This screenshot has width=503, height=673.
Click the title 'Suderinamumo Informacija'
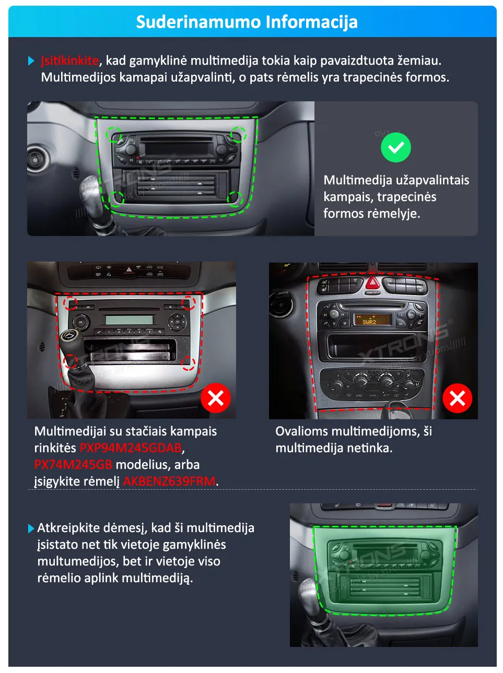(x=247, y=22)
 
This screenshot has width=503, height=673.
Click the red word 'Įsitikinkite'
(x=70, y=61)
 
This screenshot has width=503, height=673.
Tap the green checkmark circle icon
(x=396, y=148)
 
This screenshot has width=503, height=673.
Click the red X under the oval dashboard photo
(x=457, y=398)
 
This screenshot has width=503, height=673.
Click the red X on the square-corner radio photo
(x=216, y=398)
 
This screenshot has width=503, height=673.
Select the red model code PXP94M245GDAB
(x=131, y=448)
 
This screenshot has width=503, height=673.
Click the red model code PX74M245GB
(x=73, y=465)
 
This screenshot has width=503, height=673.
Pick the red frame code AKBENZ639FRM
(x=169, y=481)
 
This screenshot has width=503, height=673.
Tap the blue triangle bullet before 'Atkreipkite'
(x=31, y=528)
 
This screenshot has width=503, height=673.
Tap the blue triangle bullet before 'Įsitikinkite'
(x=31, y=61)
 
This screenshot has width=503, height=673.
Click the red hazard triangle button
(x=372, y=284)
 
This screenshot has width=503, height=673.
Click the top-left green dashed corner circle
(x=114, y=135)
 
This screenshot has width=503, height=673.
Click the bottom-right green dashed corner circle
(x=235, y=198)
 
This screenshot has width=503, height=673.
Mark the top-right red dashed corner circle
(x=189, y=303)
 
